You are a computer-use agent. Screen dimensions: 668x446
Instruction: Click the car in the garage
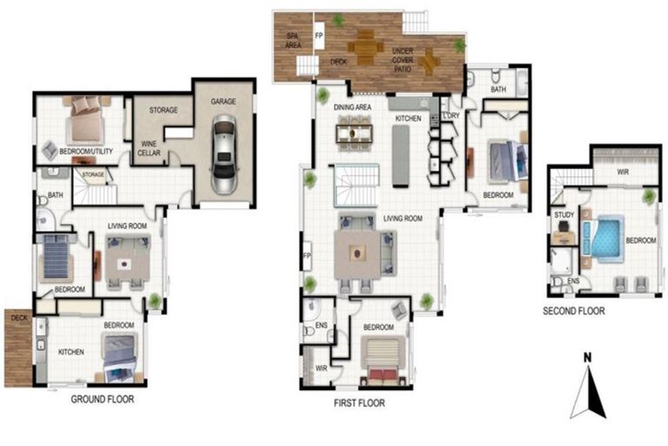[x=224, y=154]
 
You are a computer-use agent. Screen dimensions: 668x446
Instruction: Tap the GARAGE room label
[x=224, y=102]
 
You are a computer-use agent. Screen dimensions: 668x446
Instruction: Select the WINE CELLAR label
[x=149, y=148]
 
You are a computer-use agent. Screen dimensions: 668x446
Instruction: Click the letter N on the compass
[x=587, y=358]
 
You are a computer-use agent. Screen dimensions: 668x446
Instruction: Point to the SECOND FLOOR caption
[x=573, y=311]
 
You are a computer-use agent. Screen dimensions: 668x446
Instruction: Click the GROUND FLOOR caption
[x=103, y=399]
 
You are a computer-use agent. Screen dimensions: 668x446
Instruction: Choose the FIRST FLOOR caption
[x=359, y=403]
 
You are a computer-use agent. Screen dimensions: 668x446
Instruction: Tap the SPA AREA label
[x=292, y=41]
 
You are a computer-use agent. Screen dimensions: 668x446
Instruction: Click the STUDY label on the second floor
[x=564, y=214]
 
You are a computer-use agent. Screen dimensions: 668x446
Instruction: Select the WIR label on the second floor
[x=623, y=172]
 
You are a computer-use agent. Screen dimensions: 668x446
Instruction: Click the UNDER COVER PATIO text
[x=403, y=60]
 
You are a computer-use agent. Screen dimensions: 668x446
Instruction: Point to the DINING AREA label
[x=352, y=107]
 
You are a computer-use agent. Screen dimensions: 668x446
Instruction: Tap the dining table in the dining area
[x=354, y=133]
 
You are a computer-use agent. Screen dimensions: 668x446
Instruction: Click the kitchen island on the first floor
[x=400, y=156]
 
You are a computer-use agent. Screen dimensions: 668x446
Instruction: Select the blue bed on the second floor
[x=603, y=237]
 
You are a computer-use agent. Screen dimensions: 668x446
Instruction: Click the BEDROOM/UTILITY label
[x=86, y=151]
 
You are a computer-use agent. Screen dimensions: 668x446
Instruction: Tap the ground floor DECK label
[x=19, y=318]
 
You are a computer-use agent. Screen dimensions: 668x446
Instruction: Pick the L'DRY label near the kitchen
[x=451, y=115]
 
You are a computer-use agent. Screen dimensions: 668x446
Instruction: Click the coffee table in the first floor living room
[x=357, y=254]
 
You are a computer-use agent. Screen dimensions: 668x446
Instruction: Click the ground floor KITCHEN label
[x=70, y=352]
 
